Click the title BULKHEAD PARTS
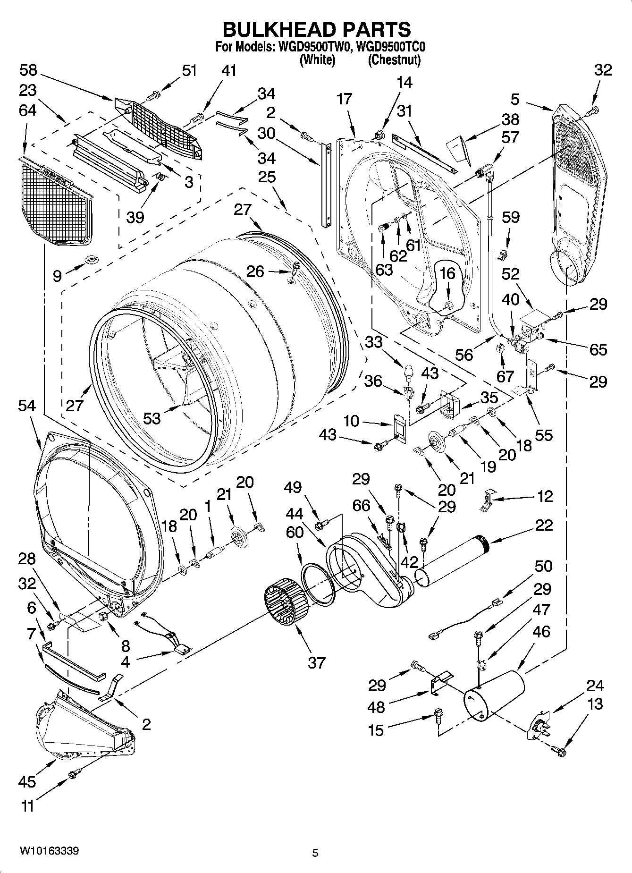click(316, 29)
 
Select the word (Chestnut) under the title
click(394, 60)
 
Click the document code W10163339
click(49, 850)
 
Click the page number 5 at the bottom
click(315, 853)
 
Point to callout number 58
click(28, 70)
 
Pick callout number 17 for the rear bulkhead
click(345, 99)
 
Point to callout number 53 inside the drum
click(152, 418)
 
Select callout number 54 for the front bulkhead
click(27, 406)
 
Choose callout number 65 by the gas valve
click(598, 349)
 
